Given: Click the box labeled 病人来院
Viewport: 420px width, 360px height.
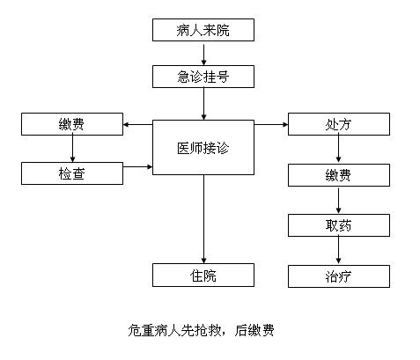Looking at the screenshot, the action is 203,30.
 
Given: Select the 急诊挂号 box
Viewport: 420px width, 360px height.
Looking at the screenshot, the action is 203,77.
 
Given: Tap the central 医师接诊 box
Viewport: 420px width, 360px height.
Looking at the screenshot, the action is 203,147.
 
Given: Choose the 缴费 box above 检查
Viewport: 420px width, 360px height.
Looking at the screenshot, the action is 72,124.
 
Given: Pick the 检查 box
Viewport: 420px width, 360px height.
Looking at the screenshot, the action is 72,173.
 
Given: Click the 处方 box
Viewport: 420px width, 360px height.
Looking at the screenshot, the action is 339,124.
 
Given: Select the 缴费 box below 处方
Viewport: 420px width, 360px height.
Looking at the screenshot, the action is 339,175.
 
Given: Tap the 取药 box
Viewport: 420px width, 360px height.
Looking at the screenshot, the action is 339,225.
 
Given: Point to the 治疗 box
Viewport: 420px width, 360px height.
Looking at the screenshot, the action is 339,276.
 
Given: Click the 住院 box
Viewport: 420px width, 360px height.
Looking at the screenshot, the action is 203,275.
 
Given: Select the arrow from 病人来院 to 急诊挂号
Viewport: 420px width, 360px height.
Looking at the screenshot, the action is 203,55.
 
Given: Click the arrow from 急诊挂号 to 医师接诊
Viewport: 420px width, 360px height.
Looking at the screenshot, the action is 203,104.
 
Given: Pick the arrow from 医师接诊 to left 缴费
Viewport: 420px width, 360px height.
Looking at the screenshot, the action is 137,125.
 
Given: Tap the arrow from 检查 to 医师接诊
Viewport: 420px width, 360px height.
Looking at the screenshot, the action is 137,167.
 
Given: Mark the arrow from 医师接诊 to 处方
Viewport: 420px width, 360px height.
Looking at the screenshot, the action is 271,125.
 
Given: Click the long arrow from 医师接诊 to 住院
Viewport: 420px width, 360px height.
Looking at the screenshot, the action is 203,219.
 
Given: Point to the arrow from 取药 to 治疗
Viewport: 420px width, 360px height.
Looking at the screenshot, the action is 338,250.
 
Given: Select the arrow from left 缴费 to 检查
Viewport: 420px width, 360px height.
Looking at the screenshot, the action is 72,149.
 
